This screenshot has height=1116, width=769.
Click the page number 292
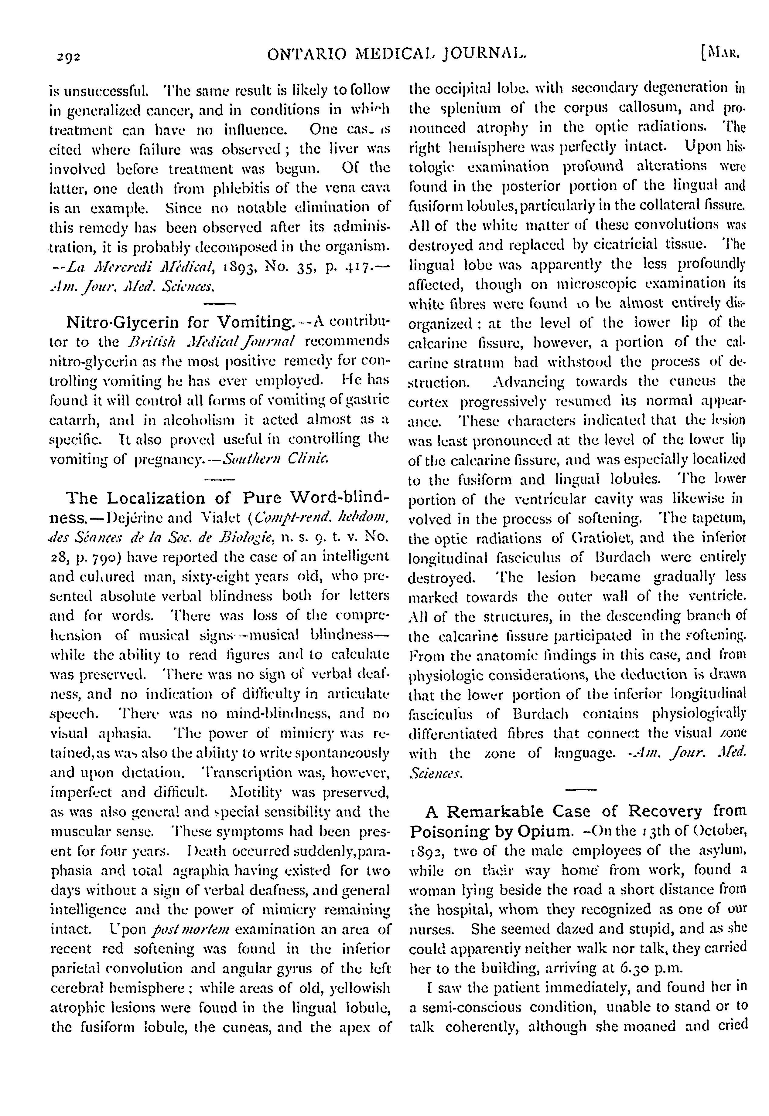[x=67, y=56]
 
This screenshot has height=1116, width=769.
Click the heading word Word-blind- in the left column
[x=341, y=497]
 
